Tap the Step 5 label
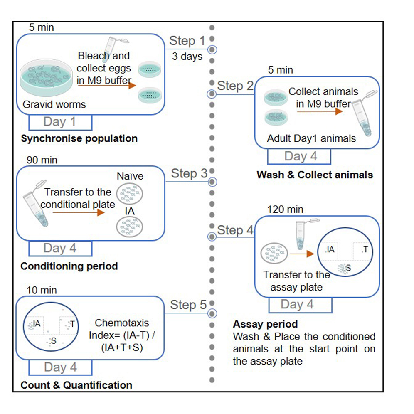188,305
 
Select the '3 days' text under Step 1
187,57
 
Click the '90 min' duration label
42,160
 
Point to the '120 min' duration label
286,209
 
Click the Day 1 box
60,122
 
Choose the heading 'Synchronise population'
79,138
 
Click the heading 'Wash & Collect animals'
315,175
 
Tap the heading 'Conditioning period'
69,266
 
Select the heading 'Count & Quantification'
76,385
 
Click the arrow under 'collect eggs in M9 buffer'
106,86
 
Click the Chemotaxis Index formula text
122,335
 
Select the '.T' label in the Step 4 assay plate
364,250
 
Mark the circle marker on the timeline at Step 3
212,182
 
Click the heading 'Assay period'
265,324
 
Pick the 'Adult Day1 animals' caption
311,138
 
